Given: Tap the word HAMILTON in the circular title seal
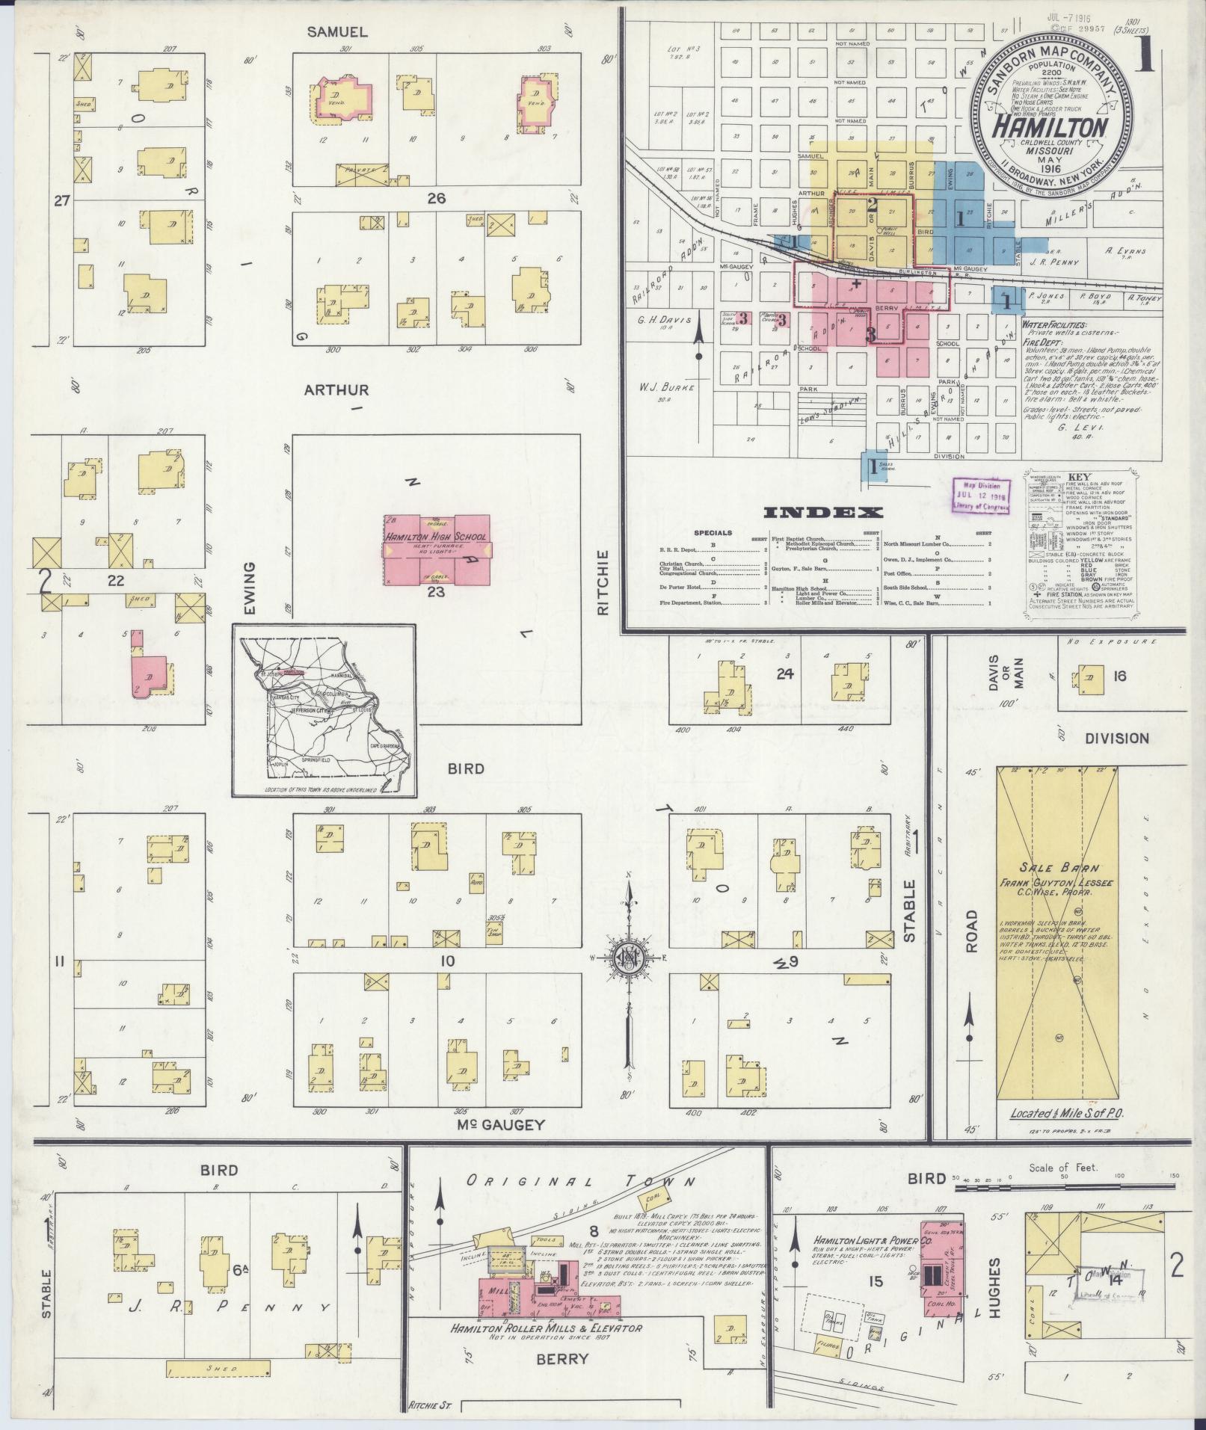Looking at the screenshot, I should pos(1049,128).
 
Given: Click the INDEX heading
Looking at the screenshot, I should pos(822,513).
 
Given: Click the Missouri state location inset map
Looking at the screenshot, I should pos(324,711).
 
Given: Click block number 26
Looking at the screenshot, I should pos(436,199).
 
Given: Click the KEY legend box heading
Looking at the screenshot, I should pos(1080,477).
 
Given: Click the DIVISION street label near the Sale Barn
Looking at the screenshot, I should pos(1118,738).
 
